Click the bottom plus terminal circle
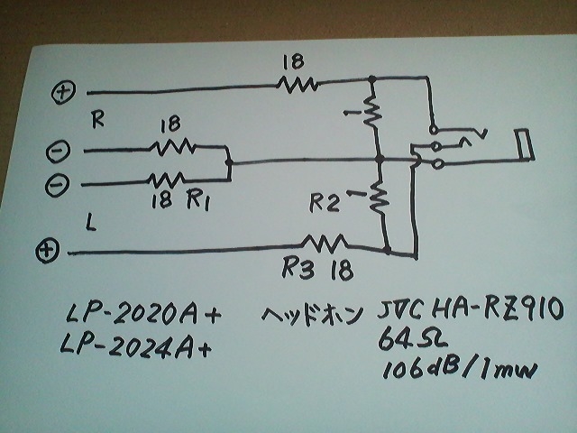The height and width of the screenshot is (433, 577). (x=47, y=250)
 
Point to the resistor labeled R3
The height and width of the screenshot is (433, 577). (x=324, y=242)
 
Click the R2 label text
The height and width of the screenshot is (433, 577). (x=325, y=204)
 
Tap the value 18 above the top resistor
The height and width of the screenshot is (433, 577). (x=292, y=61)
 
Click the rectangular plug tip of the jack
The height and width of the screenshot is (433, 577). (x=524, y=144)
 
